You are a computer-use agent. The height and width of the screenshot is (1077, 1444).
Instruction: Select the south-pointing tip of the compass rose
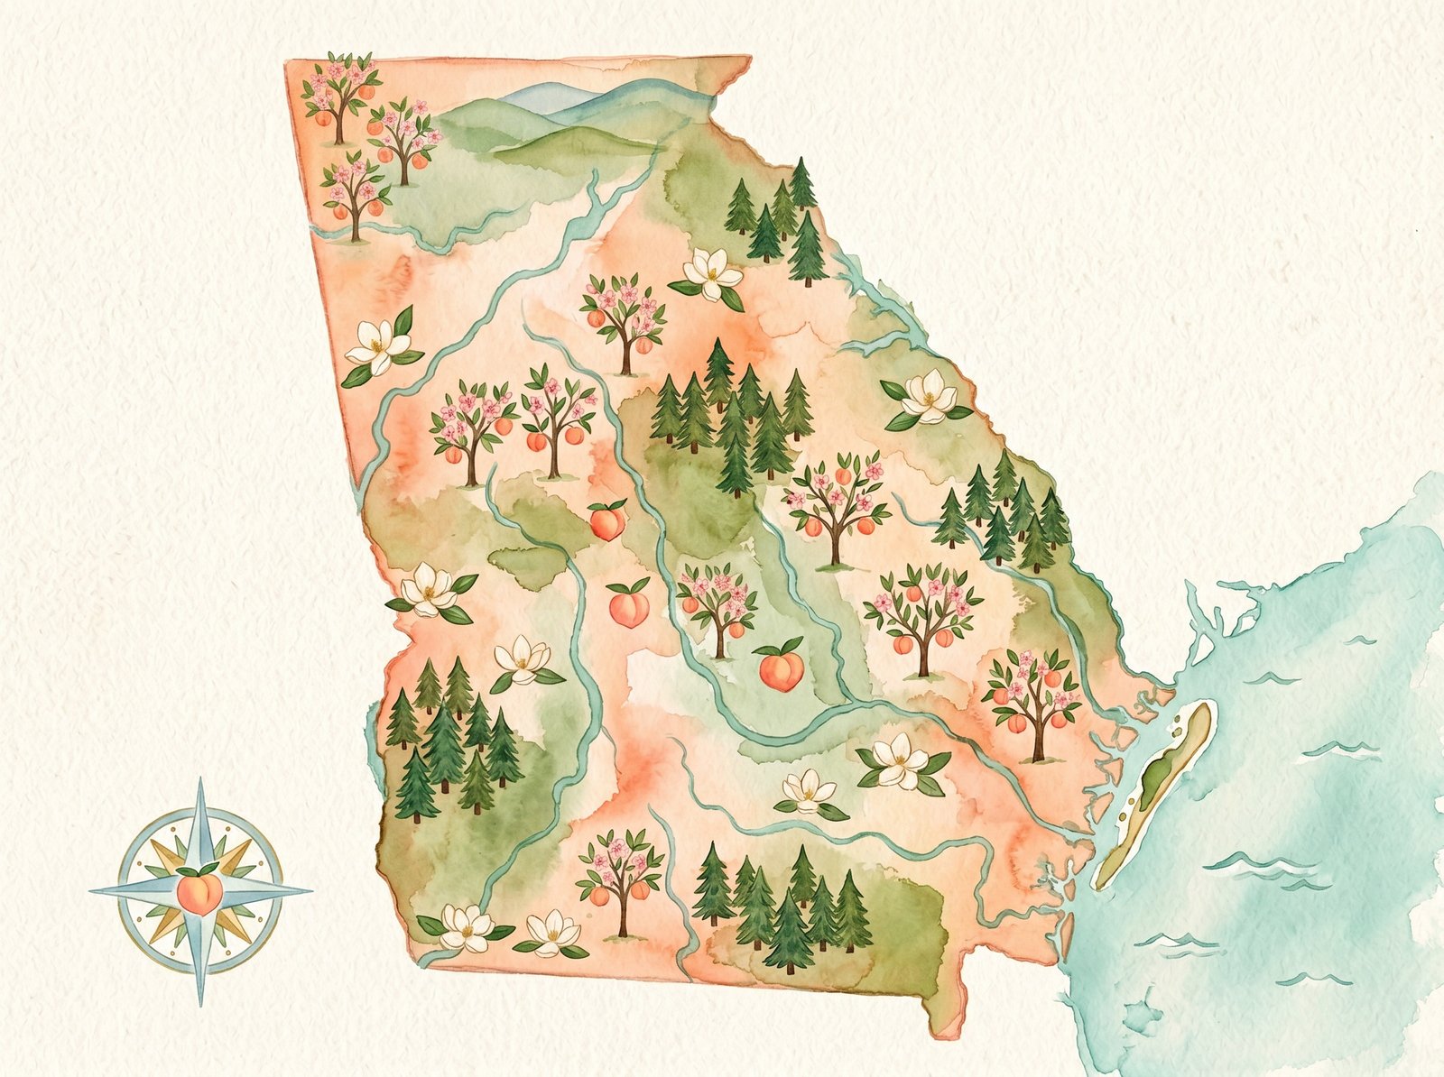pos(200,1003)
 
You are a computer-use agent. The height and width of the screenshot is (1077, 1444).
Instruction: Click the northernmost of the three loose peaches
pos(607,520)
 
